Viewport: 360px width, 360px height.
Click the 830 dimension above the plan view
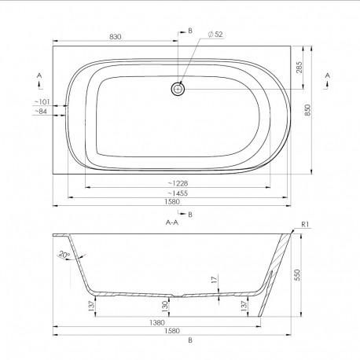116,37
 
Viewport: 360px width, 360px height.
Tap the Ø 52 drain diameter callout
215,35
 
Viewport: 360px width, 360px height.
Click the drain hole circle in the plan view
178,89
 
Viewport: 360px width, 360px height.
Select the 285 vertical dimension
299,68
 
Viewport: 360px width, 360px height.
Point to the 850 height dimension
307,110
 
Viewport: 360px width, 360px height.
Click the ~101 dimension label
42,101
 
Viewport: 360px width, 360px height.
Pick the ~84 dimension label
41,112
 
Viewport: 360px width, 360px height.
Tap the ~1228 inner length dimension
178,183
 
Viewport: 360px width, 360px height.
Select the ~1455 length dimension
178,193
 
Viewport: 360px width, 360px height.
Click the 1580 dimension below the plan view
172,202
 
